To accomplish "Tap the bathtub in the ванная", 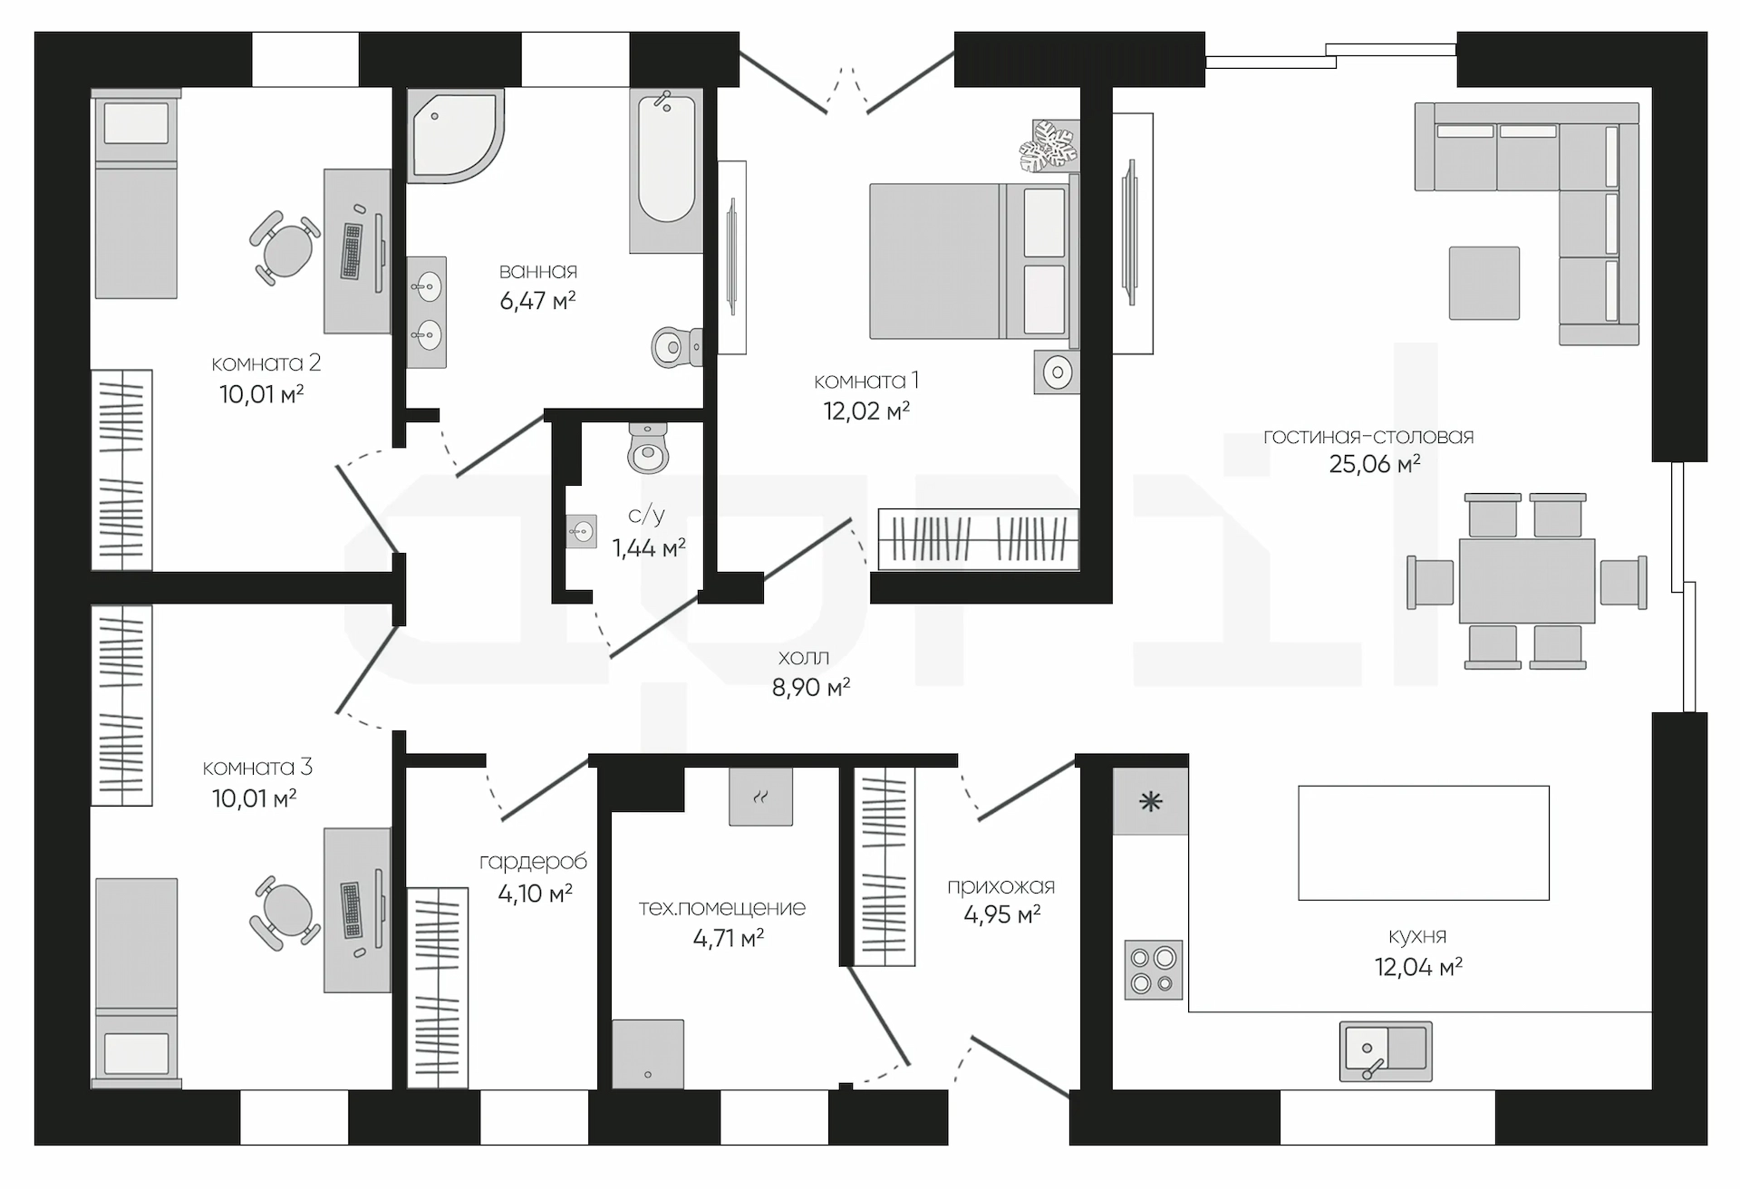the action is [x=666, y=170].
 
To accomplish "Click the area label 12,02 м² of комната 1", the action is [x=866, y=411].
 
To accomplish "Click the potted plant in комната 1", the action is [x=1049, y=146].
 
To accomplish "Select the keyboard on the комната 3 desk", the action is [x=351, y=910].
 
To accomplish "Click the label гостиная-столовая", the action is [x=1368, y=437].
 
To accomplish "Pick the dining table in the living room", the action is [x=1526, y=581].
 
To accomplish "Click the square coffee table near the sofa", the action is [x=1484, y=283].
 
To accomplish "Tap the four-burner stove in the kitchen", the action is [x=1154, y=970].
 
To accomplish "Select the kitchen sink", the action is [x=1386, y=1051].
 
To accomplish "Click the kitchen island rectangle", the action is [x=1424, y=843].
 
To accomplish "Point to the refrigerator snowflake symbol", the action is [x=1151, y=801].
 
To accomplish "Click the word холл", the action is [x=803, y=657].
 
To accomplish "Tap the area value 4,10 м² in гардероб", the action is [x=535, y=894].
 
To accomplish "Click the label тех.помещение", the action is [x=721, y=908].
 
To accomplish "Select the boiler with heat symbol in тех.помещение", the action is [x=761, y=797].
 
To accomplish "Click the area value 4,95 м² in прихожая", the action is [x=1001, y=914].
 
